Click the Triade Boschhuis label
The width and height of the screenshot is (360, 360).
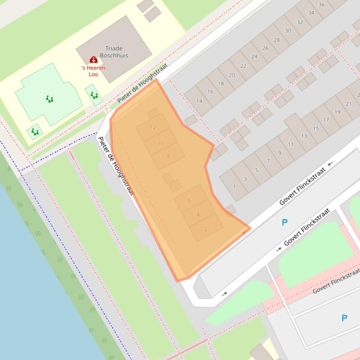coord(114,52)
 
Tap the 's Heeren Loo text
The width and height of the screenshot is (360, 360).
coord(93,71)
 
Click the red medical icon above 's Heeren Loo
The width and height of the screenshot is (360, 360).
coord(93,60)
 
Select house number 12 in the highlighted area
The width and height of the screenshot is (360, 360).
coord(153,128)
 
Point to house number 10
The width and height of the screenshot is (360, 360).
coord(161,144)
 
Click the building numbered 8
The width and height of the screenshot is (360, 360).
coord(169,156)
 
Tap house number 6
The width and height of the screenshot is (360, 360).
coord(190,201)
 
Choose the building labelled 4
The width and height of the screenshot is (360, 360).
coord(198,215)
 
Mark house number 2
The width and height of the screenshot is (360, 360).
coord(206,229)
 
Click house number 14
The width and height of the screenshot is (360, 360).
coord(199,101)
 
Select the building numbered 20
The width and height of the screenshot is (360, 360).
coord(232,75)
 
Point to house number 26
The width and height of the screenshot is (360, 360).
coord(265,48)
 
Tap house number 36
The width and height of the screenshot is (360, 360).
coord(321,5)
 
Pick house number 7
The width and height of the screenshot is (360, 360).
coord(268,161)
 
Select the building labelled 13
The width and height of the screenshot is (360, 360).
coord(304,136)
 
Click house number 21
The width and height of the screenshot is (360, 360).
coord(349,104)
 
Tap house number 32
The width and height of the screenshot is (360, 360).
coord(300,22)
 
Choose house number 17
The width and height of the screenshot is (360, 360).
coord(326,120)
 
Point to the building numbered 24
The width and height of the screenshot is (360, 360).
coord(254,57)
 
